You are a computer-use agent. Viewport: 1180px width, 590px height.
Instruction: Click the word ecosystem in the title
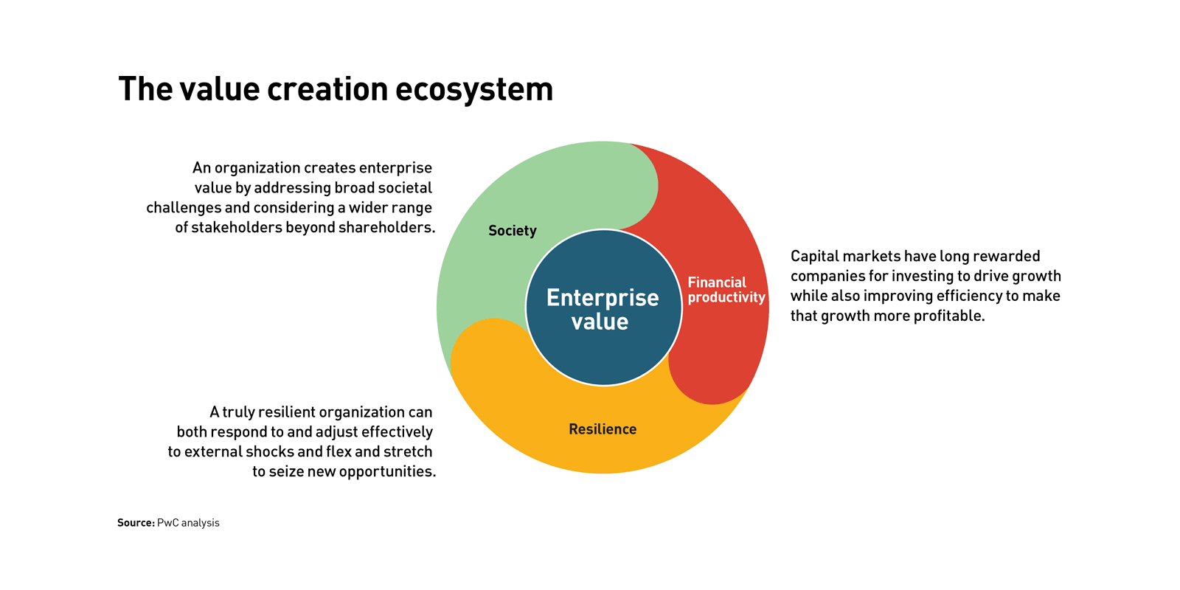coord(474,89)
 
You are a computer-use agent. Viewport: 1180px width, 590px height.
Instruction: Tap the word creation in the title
coord(327,88)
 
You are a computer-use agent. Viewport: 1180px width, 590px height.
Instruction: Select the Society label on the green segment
coord(512,232)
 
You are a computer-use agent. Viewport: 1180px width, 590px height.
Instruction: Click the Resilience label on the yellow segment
coord(603,429)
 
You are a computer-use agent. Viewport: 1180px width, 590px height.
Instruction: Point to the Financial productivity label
coord(726,291)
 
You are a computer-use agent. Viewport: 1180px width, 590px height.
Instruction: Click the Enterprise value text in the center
coord(602,309)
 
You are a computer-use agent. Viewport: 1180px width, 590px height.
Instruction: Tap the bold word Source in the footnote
coord(136,523)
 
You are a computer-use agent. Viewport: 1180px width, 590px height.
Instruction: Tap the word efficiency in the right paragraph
coord(959,296)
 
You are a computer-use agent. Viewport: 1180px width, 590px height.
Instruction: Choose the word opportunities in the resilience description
coord(388,472)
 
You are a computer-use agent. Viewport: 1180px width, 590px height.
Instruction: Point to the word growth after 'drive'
coord(1037,277)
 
